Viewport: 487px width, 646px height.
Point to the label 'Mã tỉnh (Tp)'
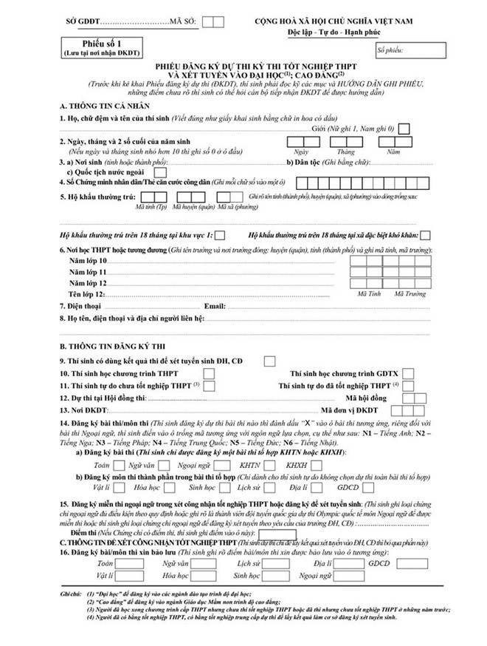153,207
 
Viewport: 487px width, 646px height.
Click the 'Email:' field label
213,305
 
